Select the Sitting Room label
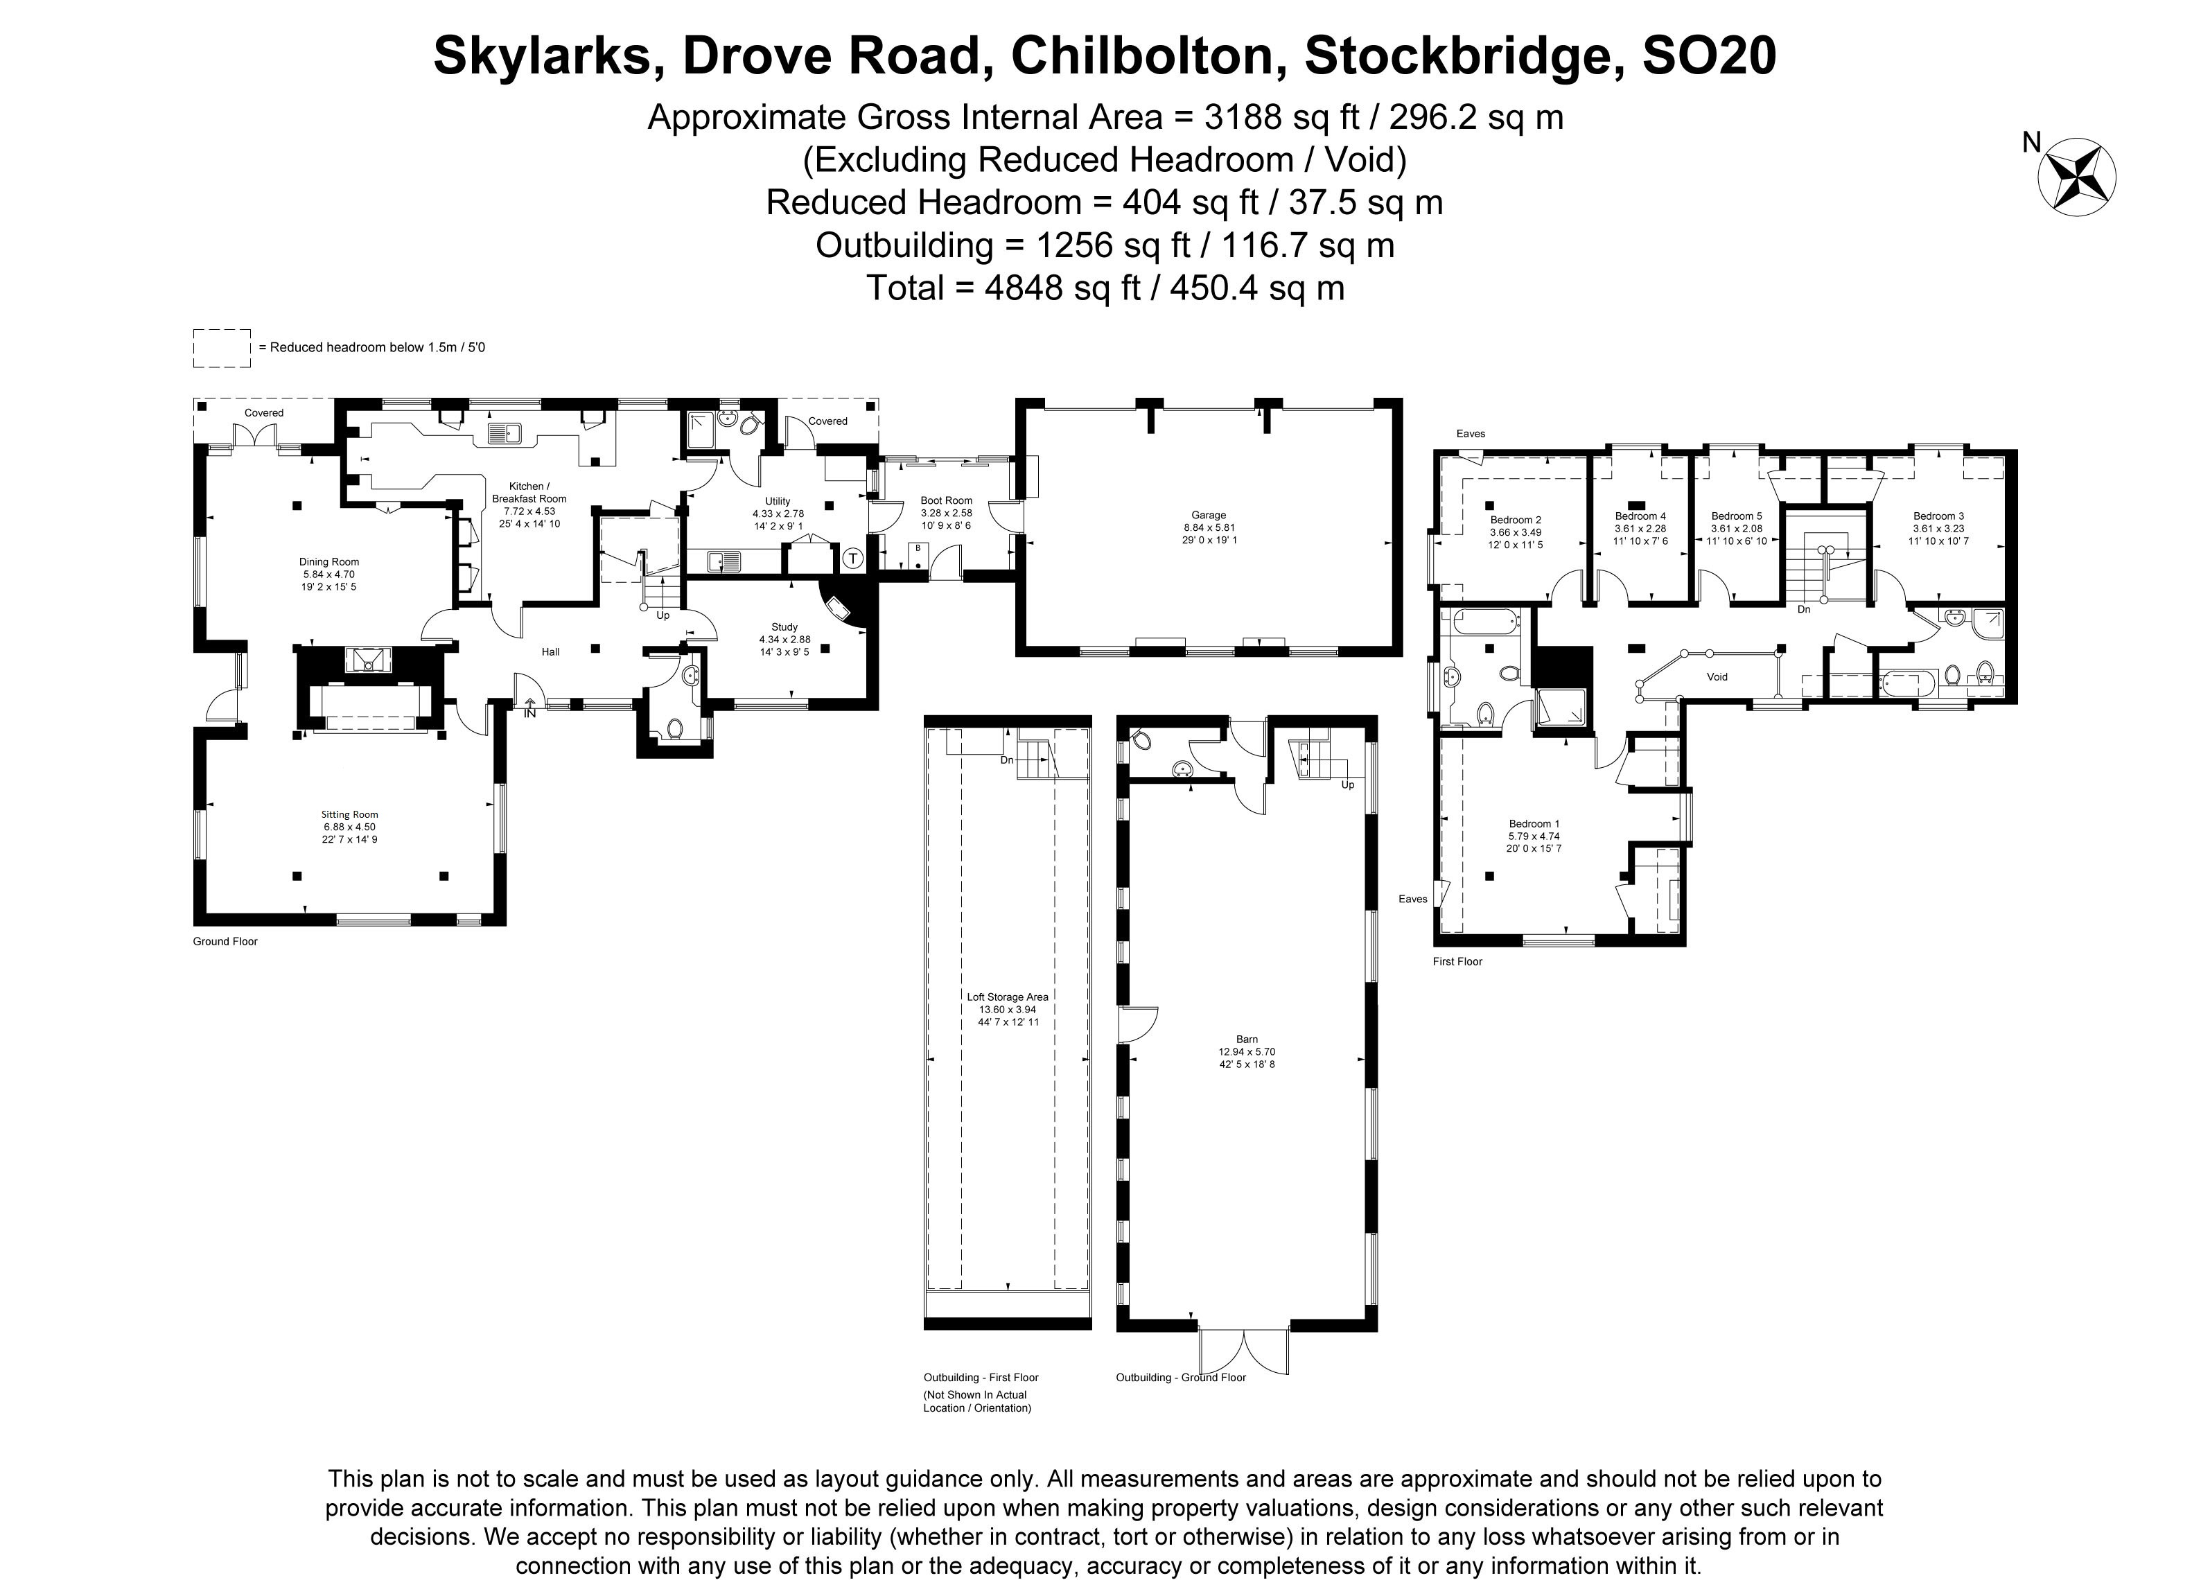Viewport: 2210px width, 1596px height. tap(350, 814)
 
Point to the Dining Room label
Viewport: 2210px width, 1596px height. tap(329, 561)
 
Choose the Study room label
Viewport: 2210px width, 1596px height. tap(784, 627)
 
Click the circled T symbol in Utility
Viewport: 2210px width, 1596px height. tap(852, 559)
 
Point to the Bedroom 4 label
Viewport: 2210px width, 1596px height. tap(1640, 516)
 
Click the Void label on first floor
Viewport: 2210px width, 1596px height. tap(1717, 676)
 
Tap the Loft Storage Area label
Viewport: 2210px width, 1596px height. tap(1006, 997)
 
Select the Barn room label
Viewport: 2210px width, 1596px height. tap(1246, 1040)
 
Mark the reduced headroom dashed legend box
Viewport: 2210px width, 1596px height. tap(222, 348)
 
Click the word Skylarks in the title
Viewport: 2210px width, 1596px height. tap(542, 55)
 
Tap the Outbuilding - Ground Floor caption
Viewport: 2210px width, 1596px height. tap(1180, 1378)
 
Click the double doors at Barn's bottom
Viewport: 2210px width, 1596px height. tap(1245, 1351)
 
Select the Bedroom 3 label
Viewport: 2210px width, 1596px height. tap(1938, 516)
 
